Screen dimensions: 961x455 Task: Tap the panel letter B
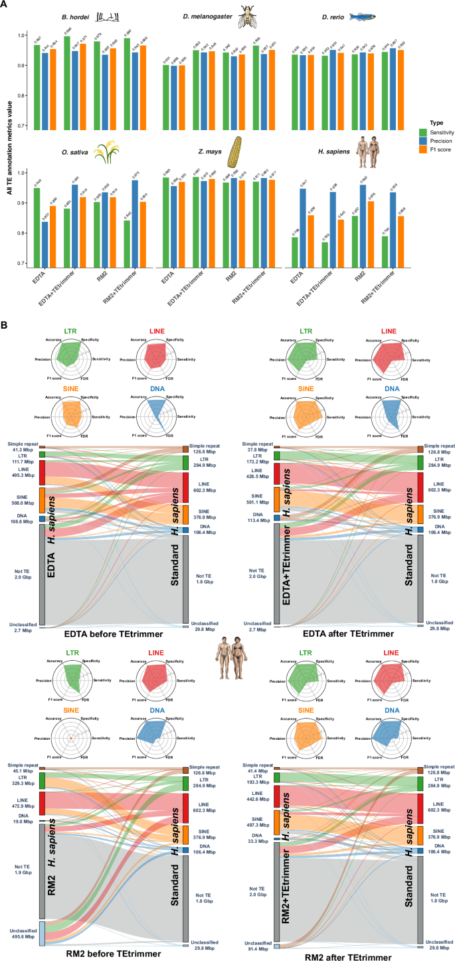[x=5, y=326]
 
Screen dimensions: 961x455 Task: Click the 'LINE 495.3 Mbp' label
[x=21, y=472]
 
